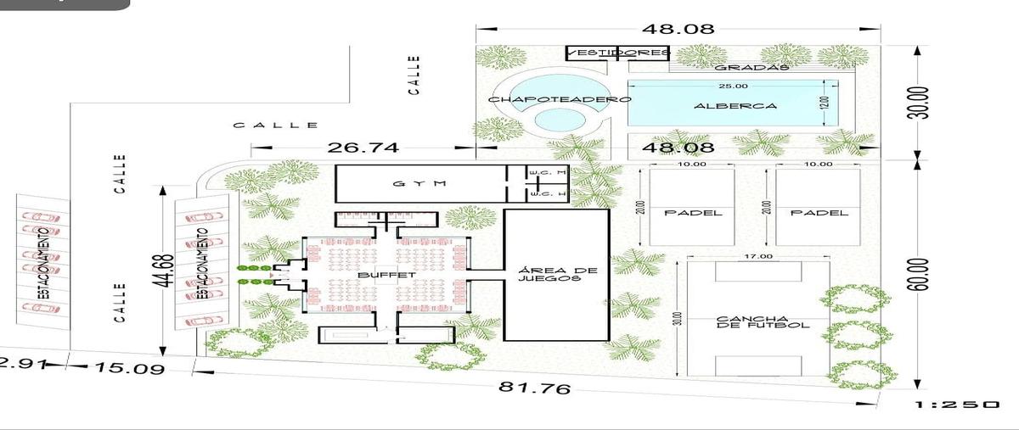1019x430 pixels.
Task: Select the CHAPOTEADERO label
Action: click(560, 99)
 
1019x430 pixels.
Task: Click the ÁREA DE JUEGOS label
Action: click(557, 277)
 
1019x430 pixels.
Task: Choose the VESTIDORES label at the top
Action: click(618, 53)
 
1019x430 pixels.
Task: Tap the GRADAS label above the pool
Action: click(752, 67)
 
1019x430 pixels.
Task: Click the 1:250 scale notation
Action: click(956, 405)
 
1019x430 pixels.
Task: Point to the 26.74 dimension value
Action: click(363, 148)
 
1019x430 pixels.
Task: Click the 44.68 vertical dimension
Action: click(166, 271)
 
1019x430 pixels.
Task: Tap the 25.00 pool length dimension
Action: click(733, 87)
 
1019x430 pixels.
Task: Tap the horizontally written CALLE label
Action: click(276, 126)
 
